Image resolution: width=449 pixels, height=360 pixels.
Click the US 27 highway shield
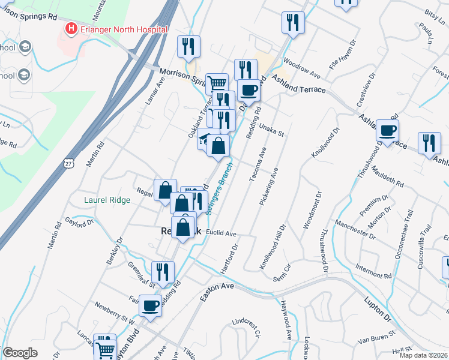[68, 163]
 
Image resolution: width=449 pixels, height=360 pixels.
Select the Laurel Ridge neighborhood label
[107, 200]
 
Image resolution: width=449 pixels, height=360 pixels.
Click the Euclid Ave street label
[221, 233]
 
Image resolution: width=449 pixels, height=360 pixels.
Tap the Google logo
[20, 353]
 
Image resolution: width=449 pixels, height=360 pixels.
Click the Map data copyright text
[423, 355]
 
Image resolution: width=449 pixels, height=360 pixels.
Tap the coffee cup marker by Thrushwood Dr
[388, 130]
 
